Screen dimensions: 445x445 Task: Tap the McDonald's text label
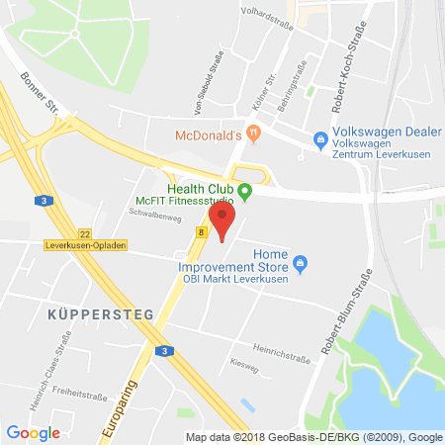pos(209,134)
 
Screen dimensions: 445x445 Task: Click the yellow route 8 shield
pos(201,233)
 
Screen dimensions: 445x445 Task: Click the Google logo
pos(33,432)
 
